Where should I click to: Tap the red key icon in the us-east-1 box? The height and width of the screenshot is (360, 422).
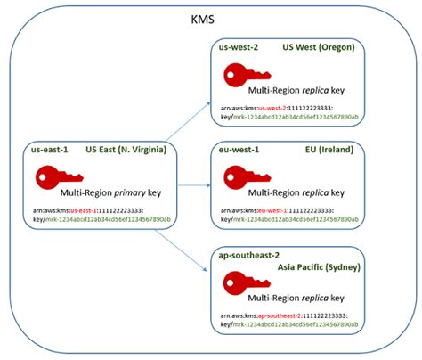click(x=41, y=181)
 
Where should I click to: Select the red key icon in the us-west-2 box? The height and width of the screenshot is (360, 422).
click(x=239, y=78)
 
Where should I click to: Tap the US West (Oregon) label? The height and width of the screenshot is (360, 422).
click(x=318, y=47)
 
